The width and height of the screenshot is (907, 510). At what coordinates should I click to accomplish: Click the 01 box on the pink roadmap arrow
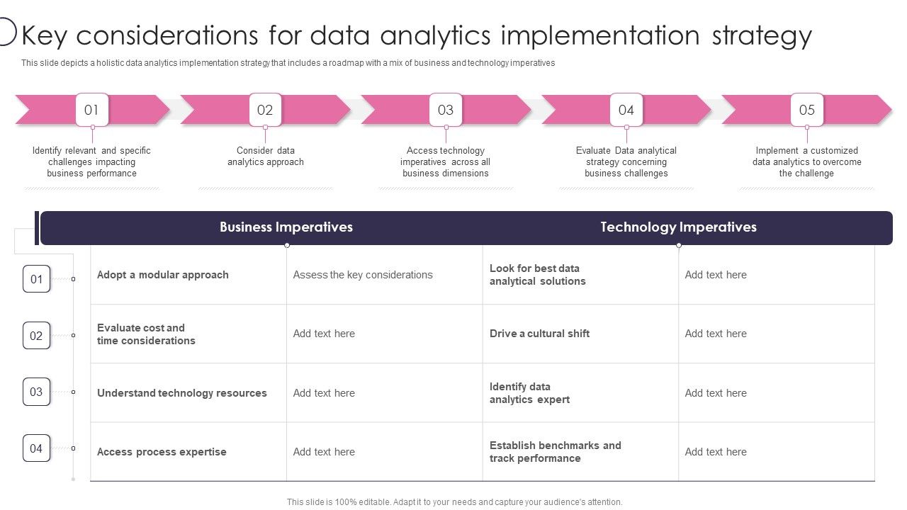click(92, 110)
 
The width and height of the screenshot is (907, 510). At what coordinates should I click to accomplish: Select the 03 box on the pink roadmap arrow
click(446, 110)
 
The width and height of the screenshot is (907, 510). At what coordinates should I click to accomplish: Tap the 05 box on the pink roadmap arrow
click(807, 110)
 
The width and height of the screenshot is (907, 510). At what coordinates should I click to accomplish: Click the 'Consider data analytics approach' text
click(266, 157)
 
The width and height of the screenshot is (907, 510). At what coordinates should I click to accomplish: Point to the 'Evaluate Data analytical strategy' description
click(626, 162)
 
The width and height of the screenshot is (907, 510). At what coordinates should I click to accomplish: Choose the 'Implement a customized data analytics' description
click(807, 162)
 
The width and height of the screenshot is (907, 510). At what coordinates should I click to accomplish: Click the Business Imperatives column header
click(286, 227)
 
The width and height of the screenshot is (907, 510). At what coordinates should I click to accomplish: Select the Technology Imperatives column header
click(678, 227)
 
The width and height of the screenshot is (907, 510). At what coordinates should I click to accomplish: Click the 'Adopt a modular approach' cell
click(163, 275)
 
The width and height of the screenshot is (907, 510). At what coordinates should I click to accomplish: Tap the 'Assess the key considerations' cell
click(363, 275)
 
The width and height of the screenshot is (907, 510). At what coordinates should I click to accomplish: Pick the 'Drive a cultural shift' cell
click(539, 334)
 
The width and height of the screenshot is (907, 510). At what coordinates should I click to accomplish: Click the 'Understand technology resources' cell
click(182, 393)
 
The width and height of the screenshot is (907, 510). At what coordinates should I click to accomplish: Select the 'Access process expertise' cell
click(162, 452)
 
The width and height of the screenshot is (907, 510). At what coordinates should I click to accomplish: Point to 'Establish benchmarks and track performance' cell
click(555, 452)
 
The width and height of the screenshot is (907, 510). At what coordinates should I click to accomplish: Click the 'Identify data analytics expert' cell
click(529, 393)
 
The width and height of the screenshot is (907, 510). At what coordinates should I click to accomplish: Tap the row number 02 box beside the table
click(37, 336)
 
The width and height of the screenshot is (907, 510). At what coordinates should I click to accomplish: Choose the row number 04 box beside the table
click(37, 448)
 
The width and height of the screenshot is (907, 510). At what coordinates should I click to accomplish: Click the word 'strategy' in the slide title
click(762, 35)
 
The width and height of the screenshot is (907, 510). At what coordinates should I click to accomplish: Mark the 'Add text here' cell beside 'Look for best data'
click(716, 275)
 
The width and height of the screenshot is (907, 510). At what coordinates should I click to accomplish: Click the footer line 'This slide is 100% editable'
click(454, 502)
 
